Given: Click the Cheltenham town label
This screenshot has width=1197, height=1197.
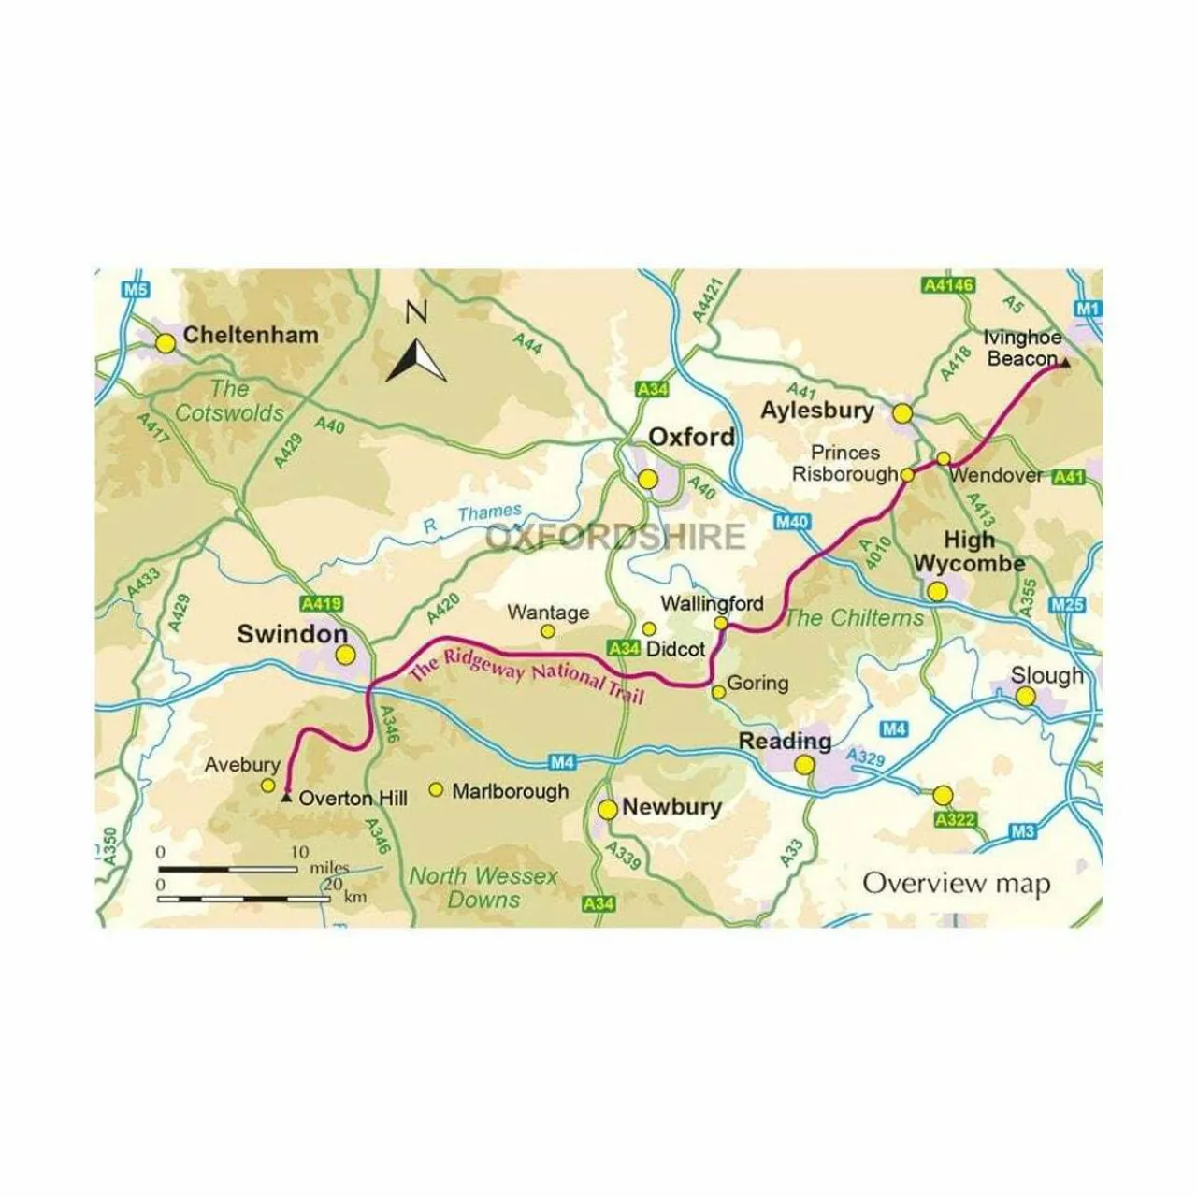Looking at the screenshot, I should pos(251,335).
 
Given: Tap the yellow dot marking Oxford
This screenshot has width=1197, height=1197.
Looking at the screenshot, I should pos(648,480).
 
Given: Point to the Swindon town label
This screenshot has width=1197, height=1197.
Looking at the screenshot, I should pos(292,634).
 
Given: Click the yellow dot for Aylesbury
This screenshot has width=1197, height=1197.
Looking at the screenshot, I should pos(902,412).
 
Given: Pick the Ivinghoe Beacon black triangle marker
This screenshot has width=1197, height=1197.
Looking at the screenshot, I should pos(1063,364).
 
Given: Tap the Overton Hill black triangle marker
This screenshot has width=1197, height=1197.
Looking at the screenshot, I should pos(285,798).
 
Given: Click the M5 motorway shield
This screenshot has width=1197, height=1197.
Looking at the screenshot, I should pos(136,289).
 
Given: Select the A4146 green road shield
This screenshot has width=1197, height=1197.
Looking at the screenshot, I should pos(946,284).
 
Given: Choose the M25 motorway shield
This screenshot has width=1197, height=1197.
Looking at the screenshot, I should pos(1067,605).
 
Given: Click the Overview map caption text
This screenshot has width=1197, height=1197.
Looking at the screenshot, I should pos(956,883).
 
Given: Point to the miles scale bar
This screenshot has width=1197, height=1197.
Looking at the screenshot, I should pos(230,869).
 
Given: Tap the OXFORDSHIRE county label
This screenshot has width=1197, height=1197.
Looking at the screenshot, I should pos(616,538).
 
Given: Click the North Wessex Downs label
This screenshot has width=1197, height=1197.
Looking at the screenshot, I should pos(483,887).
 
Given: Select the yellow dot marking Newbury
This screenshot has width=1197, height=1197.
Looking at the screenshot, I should pos(608,810).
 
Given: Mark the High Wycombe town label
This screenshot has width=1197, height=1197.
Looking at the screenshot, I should pos(969,552).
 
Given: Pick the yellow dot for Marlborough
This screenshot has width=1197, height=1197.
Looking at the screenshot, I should pos(436,790).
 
